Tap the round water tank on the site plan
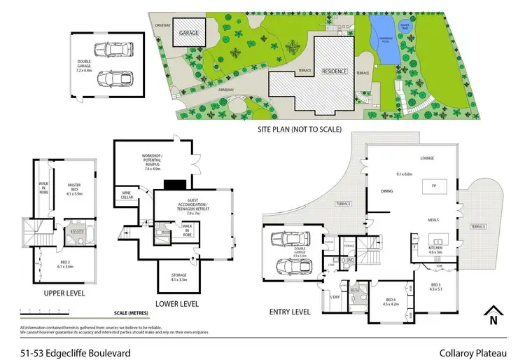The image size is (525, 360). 404,28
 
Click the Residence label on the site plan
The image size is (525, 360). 335,71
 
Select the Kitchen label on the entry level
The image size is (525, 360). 435,251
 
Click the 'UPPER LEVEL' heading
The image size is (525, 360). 64,293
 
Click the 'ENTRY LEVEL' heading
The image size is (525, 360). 288,312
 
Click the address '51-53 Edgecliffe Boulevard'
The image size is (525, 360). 76,345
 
